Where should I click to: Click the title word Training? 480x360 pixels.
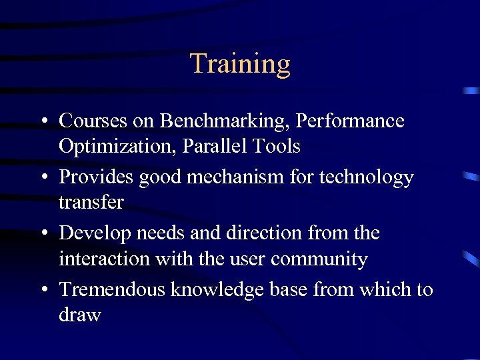coord(240,64)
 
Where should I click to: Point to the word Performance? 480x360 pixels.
coord(350,121)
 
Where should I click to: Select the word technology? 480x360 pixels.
coord(370,177)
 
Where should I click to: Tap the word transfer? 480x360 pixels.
coord(91,202)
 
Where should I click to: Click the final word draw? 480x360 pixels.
coord(79,315)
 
